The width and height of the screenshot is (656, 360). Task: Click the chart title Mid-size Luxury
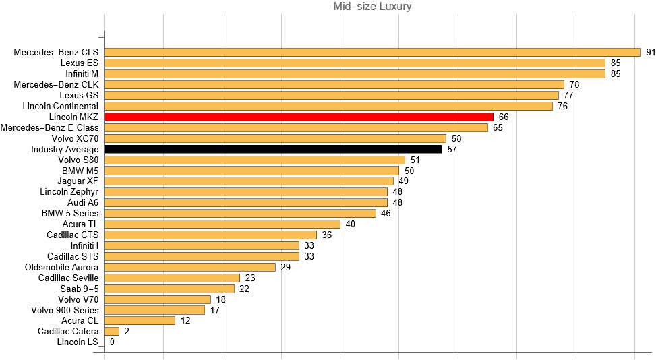[x=372, y=7]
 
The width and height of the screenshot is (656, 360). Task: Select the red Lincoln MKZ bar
[x=299, y=117]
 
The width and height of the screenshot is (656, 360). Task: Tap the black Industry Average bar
[x=272, y=149]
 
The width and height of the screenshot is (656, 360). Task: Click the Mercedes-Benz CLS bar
[x=372, y=52]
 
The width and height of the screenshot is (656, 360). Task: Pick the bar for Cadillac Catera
[x=112, y=331]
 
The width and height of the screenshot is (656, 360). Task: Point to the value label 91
[x=651, y=52]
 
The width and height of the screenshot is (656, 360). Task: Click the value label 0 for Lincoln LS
[x=112, y=342]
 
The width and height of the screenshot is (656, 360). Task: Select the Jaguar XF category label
[x=79, y=181]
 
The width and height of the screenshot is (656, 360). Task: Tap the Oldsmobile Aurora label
[x=61, y=267]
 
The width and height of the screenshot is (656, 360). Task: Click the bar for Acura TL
[x=222, y=224]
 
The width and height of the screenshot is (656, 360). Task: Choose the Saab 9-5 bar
[x=169, y=289]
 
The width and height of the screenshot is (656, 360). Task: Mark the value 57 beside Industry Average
[x=452, y=149]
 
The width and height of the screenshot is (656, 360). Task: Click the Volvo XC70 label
[x=75, y=138]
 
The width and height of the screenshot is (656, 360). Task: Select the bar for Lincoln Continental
[x=328, y=106]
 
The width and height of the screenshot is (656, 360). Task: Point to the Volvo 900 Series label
[x=65, y=310]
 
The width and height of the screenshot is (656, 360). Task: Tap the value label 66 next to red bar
[x=503, y=117]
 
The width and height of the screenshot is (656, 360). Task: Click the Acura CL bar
[x=140, y=320]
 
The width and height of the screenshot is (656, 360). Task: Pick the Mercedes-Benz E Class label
[x=50, y=127]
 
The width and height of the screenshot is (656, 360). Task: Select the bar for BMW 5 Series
[x=240, y=213]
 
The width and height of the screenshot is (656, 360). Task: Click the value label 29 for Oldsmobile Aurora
[x=285, y=267]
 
